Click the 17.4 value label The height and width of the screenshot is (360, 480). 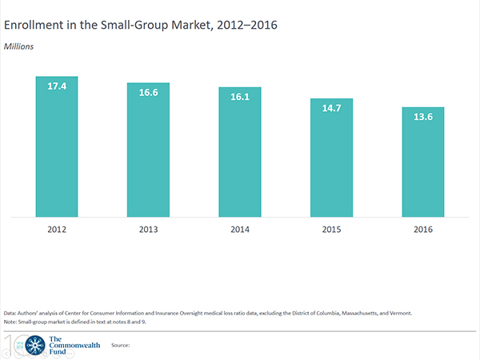tap(57, 85)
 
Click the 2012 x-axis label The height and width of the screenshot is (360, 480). tap(57, 230)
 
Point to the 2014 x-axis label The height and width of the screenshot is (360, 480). tap(240, 230)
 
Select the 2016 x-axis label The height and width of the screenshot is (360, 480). tap(423, 230)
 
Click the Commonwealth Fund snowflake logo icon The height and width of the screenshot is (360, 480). tap(35, 345)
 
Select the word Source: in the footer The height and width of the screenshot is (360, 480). tap(121, 345)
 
